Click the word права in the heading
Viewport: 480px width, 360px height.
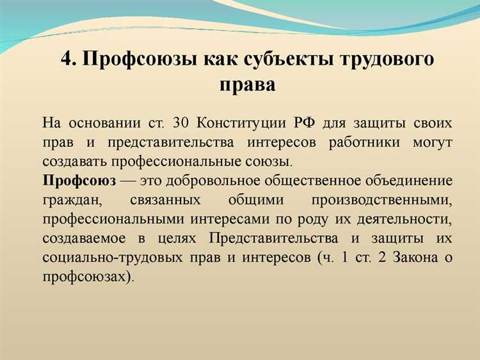(x=246, y=84)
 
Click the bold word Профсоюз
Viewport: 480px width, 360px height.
(x=79, y=180)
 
